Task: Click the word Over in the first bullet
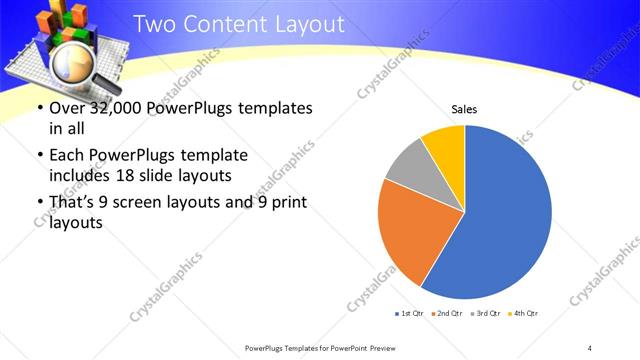(x=66, y=108)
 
